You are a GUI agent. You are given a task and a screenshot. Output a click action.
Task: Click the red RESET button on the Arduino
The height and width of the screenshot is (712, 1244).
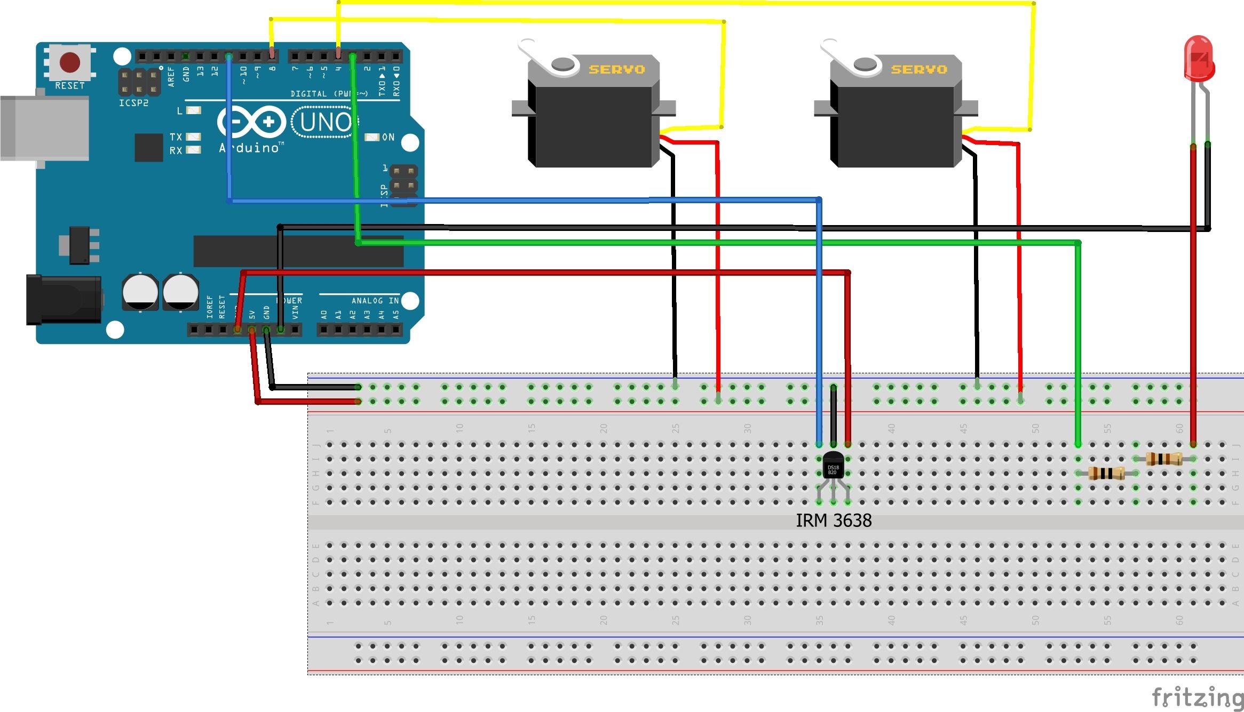69,62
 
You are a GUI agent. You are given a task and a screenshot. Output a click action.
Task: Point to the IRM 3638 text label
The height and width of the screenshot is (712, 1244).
834,521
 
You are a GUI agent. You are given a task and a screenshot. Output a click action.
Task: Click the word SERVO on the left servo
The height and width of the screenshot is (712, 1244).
617,69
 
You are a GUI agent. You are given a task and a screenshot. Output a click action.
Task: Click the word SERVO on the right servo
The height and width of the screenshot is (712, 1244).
919,69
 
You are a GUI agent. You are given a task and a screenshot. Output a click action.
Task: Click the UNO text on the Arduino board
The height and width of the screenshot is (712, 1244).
325,123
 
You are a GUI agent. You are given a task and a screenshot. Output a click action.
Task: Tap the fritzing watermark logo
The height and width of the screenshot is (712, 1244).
1197,698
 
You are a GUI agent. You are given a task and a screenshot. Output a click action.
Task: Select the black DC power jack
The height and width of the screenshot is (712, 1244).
64,300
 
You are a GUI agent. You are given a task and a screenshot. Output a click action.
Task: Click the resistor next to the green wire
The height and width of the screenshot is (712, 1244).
1106,473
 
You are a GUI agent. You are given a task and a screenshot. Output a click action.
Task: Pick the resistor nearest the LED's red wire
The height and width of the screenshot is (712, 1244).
1164,459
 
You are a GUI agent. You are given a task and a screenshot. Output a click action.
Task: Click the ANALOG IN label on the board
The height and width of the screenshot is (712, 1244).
375,301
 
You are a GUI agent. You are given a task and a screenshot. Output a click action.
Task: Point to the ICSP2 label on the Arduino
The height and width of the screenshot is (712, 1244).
133,103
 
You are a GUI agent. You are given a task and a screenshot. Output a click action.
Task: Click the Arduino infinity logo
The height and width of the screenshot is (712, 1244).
251,122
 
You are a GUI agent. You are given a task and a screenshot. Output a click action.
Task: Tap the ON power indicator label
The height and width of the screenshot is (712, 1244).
388,138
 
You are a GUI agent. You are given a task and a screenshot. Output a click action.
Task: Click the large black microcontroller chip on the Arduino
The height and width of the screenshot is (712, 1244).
298,251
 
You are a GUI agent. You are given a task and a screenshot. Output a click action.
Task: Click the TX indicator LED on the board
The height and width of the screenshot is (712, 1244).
193,137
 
